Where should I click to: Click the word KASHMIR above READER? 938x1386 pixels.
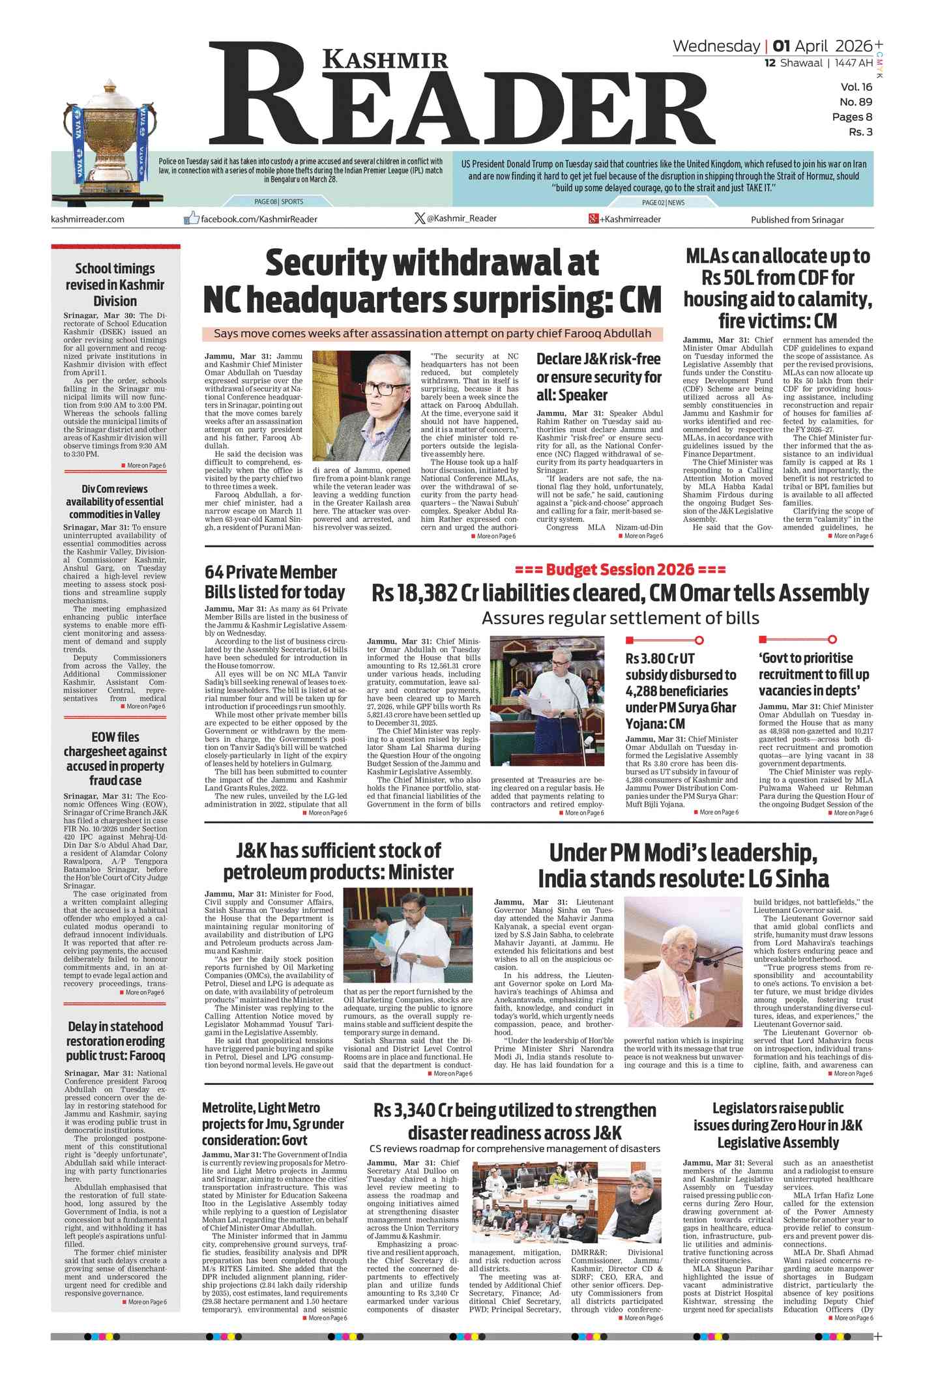tap(385, 60)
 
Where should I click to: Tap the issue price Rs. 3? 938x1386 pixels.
tap(860, 132)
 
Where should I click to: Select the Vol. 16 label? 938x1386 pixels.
tap(856, 87)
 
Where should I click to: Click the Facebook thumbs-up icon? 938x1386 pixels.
tap(191, 218)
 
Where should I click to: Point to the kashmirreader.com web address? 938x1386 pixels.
tap(87, 219)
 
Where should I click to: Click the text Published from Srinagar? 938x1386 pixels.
tap(797, 220)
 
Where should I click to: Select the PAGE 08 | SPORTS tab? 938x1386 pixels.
tap(278, 202)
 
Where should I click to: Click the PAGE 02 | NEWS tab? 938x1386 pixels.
tap(663, 203)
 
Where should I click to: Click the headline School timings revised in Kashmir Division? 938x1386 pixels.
tap(115, 285)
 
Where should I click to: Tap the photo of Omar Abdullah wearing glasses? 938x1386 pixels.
tap(361, 406)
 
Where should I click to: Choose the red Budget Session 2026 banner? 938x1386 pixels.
tap(620, 570)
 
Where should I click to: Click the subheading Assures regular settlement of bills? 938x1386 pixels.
tap(620, 618)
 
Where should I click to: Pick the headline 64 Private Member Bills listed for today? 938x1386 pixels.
tap(274, 582)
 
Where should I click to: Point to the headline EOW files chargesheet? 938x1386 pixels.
tap(115, 758)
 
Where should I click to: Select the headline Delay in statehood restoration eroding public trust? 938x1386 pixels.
tap(115, 1041)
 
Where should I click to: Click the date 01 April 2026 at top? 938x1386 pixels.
tap(822, 46)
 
